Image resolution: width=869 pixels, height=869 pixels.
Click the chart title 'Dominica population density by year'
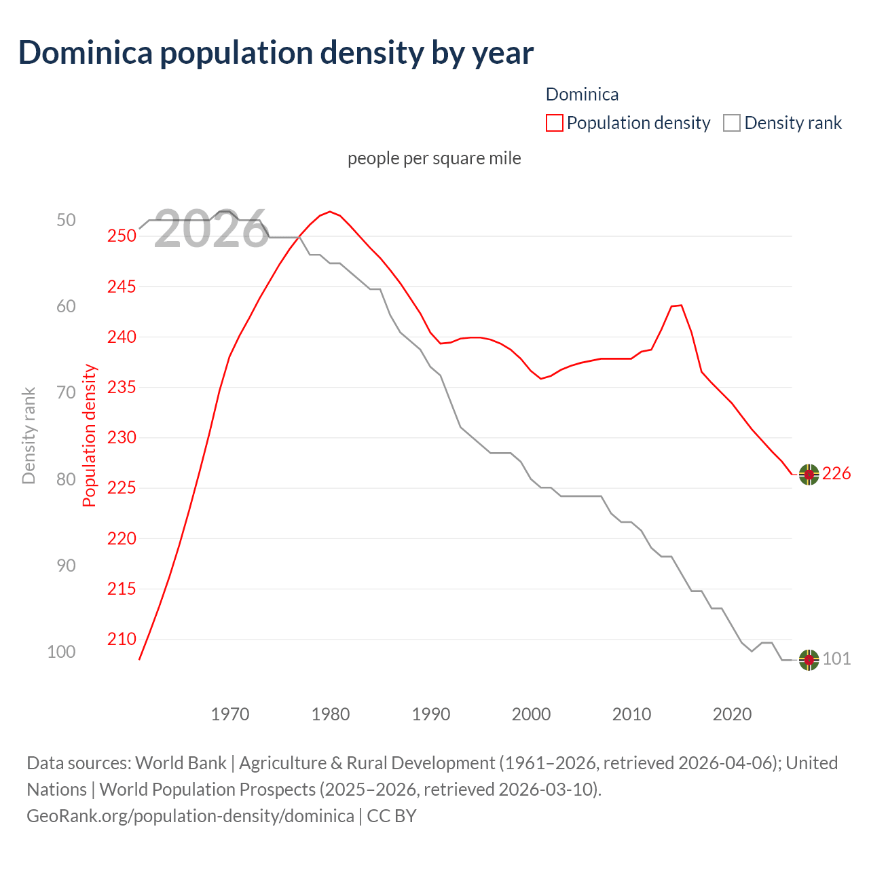click(276, 53)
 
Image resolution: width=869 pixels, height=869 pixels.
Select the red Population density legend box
click(554, 123)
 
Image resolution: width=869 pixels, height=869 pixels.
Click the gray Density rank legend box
click(731, 123)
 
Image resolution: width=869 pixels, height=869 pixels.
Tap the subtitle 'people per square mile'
click(434, 158)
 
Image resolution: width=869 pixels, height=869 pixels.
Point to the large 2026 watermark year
click(211, 229)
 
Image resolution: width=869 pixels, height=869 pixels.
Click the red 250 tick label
click(122, 236)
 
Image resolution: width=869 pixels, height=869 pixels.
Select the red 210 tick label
click(122, 639)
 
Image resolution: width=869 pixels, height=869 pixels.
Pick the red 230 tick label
click(122, 437)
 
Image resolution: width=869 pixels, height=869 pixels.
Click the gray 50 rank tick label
click(66, 220)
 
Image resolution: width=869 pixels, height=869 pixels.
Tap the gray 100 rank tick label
click(61, 652)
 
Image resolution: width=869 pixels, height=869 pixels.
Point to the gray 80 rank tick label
click(66, 479)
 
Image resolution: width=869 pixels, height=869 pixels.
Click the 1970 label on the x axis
click(230, 714)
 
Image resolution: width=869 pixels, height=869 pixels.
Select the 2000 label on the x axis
click(531, 714)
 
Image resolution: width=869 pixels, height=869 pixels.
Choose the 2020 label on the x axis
click(732, 714)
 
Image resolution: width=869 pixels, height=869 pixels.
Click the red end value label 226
click(836, 474)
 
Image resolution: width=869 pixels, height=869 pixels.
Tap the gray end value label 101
click(836, 659)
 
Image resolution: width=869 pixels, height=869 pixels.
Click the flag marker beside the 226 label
click(809, 475)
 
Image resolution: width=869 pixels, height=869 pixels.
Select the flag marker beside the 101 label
click(809, 659)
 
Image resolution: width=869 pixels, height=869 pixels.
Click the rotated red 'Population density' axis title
click(90, 436)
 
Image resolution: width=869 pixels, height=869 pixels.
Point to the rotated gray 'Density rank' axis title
click(29, 436)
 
